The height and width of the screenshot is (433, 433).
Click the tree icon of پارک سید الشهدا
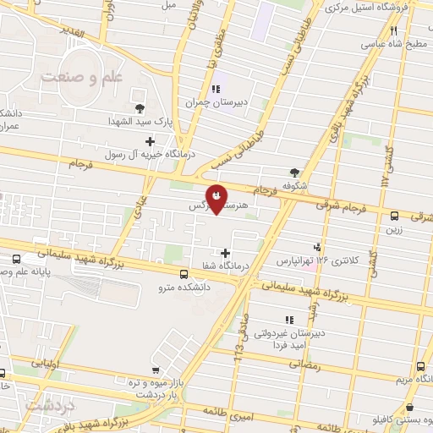tap(140, 107)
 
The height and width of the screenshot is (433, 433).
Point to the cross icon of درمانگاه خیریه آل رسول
tap(151, 141)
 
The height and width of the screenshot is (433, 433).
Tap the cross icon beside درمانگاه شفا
tap(225, 252)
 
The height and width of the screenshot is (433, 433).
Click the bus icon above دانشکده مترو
tap(185, 273)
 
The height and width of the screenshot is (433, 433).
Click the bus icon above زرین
tap(395, 216)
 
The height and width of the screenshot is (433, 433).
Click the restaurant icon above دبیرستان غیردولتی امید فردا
tap(288, 320)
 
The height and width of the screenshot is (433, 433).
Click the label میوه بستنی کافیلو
tap(397, 419)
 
